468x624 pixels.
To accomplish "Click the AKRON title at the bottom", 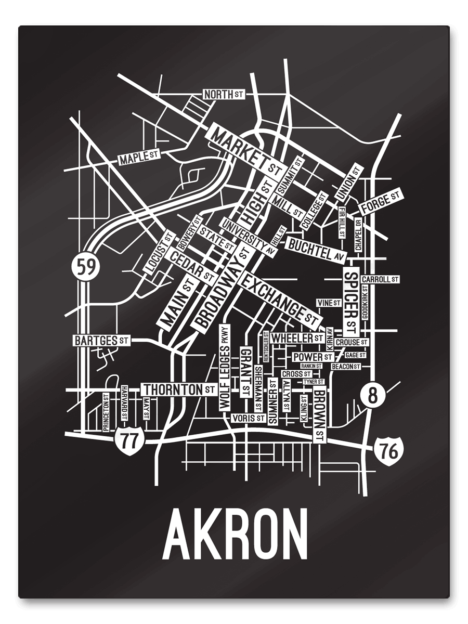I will click(x=235, y=535).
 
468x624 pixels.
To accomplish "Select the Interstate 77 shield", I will click(x=129, y=441).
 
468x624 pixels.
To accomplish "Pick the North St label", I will click(x=223, y=94).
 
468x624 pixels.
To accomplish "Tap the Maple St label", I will click(x=138, y=157).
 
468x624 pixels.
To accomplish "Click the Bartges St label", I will click(x=102, y=341).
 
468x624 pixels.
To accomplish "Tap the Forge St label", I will click(x=381, y=201).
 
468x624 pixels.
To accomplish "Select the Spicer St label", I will click(x=351, y=302).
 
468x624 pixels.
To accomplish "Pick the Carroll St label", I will click(x=380, y=279).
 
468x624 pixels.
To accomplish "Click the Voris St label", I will click(x=247, y=418).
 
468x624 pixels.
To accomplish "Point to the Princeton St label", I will click(x=106, y=412).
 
